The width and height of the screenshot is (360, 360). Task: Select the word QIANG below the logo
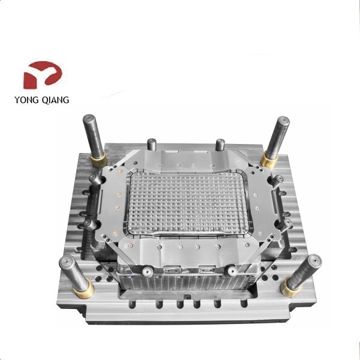(56, 100)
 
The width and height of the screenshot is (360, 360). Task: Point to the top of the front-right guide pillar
(314, 262)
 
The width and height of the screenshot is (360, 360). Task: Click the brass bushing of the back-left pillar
(98, 159)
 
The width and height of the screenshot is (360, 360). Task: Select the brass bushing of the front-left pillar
(83, 290)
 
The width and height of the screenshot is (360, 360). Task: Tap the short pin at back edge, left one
(152, 144)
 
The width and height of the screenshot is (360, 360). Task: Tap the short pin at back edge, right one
(221, 144)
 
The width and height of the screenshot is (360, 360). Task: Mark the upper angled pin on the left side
(94, 179)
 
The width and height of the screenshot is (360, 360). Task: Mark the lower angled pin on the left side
(89, 224)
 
